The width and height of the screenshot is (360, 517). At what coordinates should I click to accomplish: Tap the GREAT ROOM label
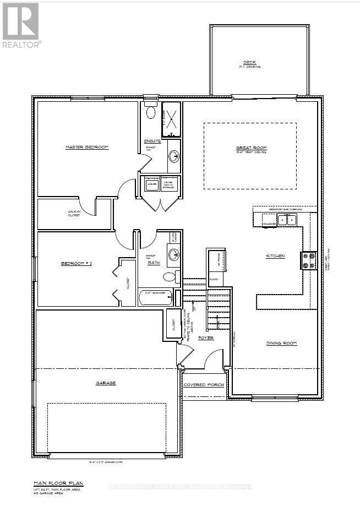pos(251,148)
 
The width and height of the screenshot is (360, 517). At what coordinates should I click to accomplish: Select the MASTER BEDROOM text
pos(87,147)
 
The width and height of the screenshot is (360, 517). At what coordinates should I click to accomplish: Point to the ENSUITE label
pos(152,142)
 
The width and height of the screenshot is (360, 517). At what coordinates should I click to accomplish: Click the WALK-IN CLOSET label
pos(74,213)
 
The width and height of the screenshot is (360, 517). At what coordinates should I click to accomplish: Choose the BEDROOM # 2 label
pos(75,264)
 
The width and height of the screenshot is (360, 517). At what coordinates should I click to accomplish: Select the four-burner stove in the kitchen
pos(308,259)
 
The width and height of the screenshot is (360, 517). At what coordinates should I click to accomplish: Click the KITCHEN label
pos(275,256)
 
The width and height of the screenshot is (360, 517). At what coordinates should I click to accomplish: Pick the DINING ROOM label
pos(282,343)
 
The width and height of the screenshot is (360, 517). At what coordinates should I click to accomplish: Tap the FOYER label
pos(206,337)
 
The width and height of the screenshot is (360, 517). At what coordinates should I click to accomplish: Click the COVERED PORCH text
pos(204,384)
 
